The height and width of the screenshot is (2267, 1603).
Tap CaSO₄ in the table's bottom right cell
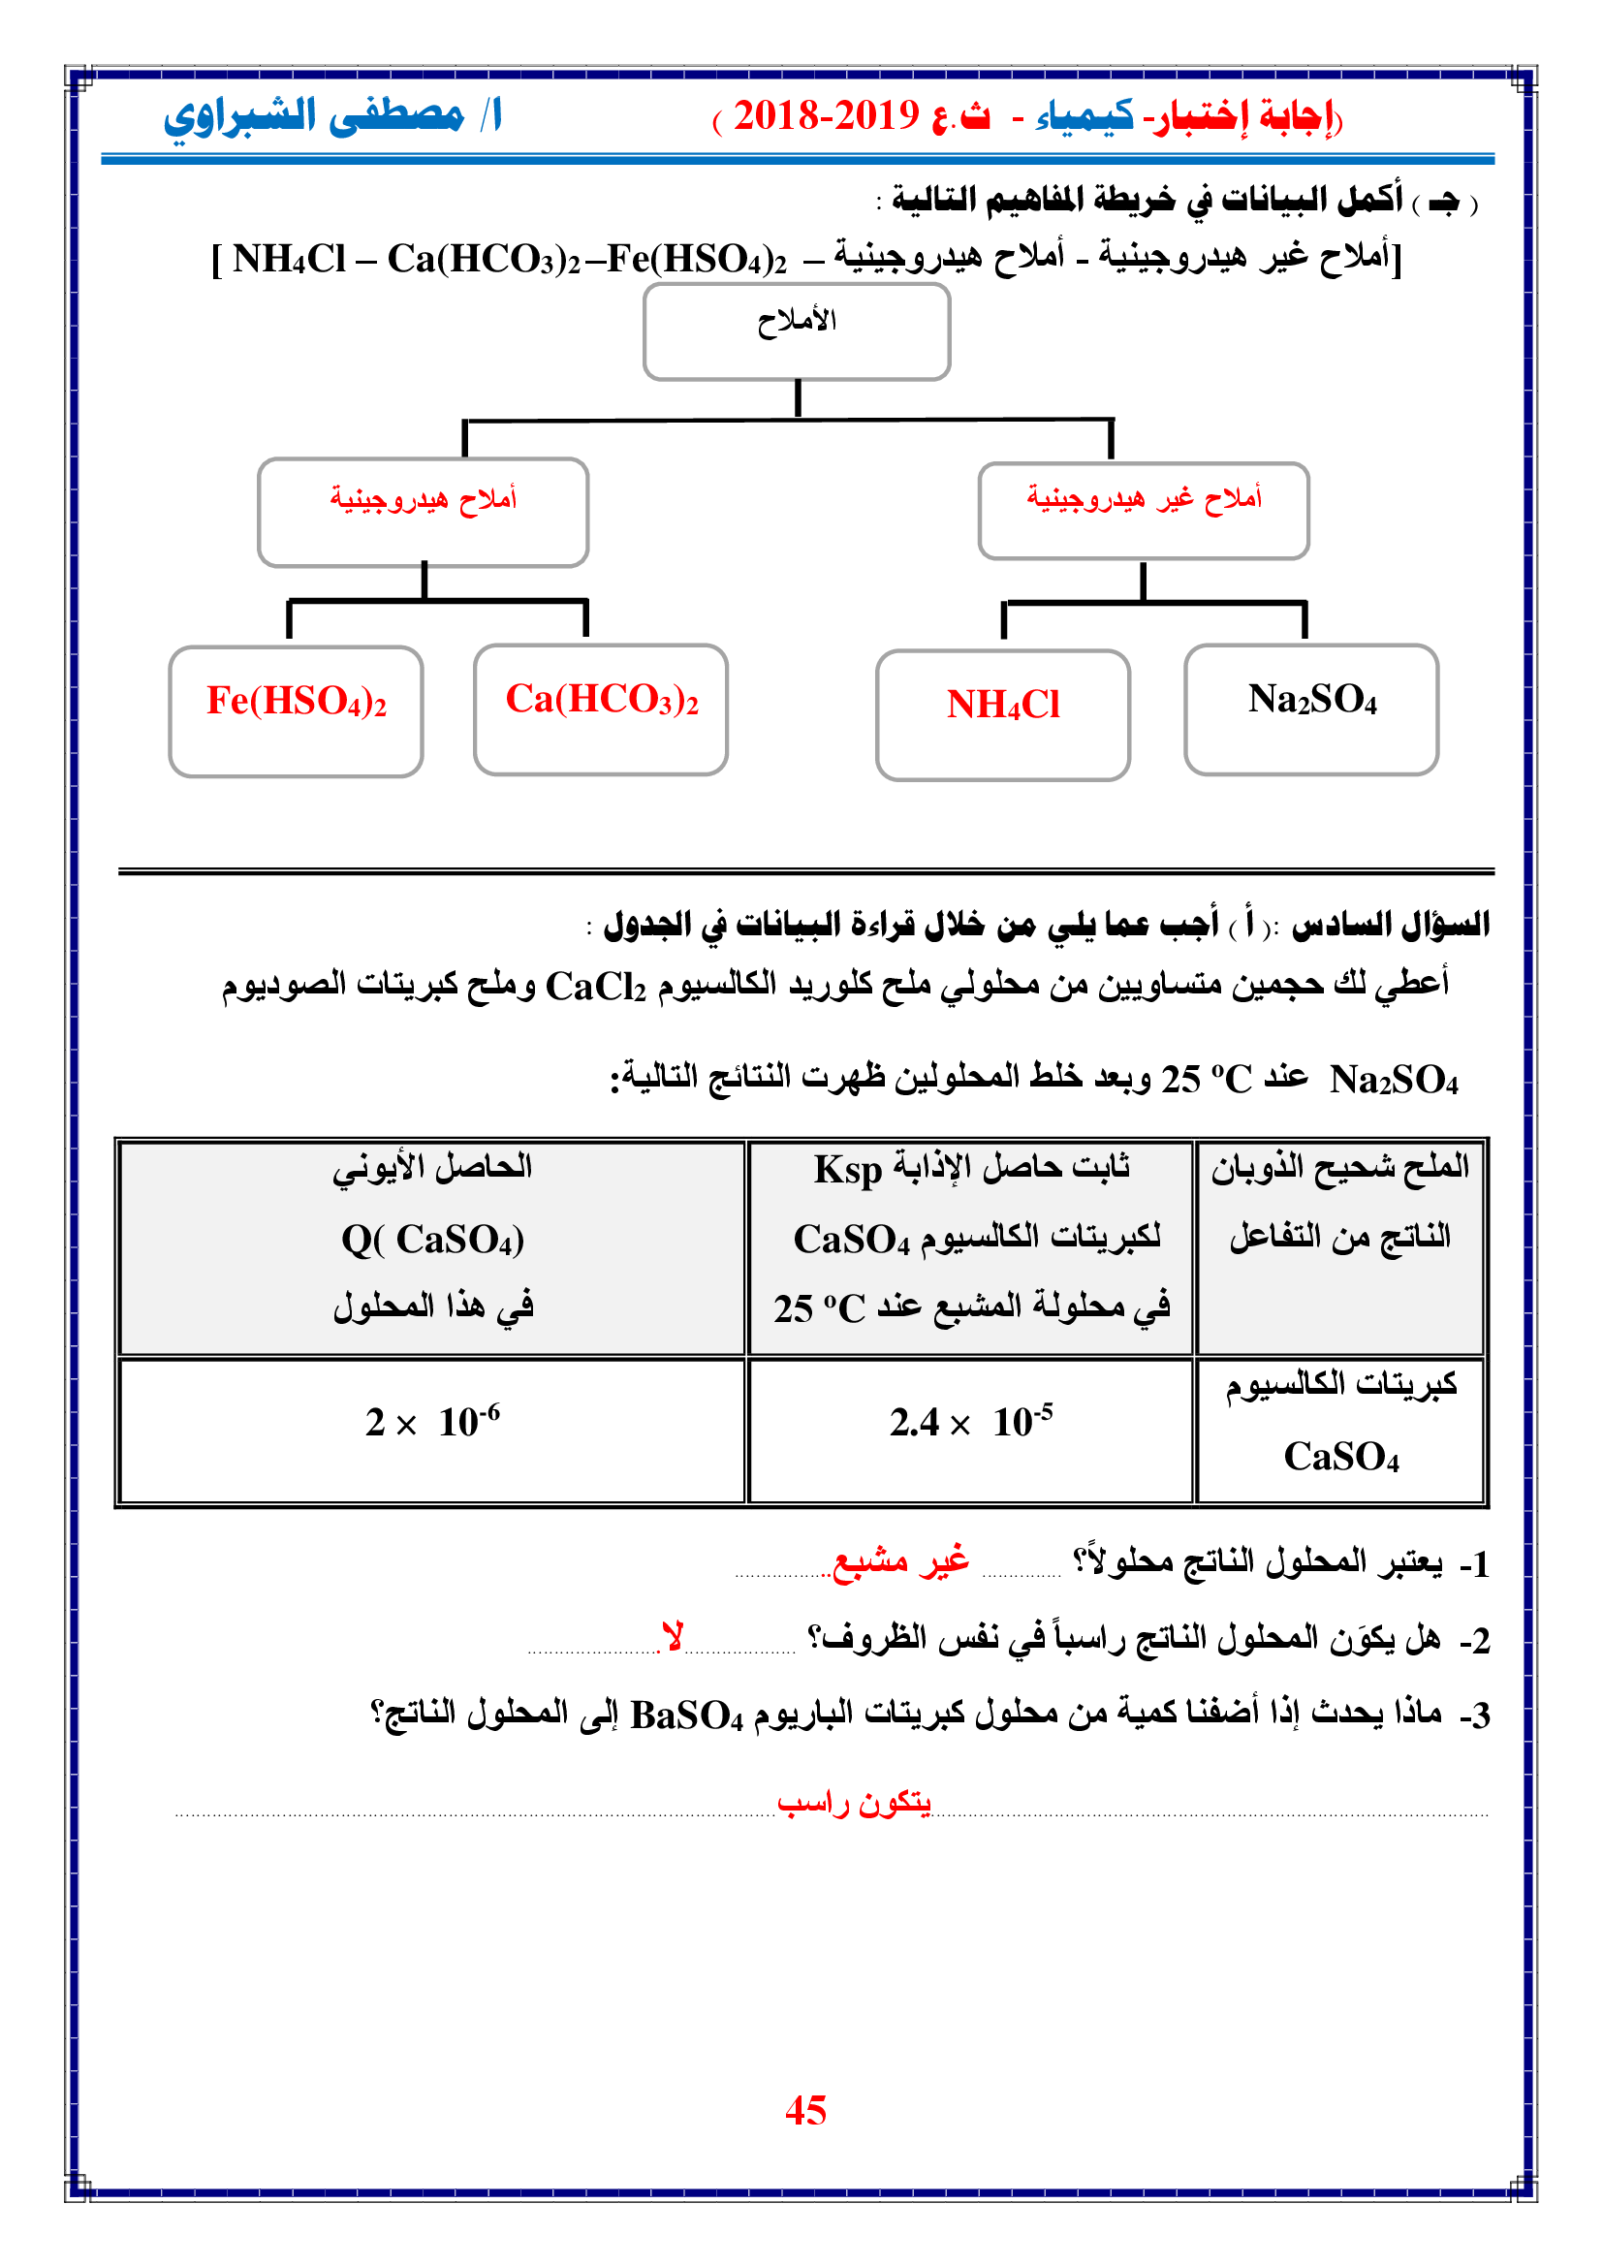click(x=1340, y=1457)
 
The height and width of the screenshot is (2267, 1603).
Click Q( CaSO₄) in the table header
click(x=432, y=1240)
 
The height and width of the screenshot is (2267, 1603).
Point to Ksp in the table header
click(x=847, y=1169)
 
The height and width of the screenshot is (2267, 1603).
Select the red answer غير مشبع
click(x=901, y=1561)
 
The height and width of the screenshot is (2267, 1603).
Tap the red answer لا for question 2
click(x=674, y=1637)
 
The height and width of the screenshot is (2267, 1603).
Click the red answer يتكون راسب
click(x=854, y=1804)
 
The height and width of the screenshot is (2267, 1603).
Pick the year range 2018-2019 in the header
click(x=826, y=116)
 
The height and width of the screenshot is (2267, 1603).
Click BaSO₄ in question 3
click(x=686, y=1716)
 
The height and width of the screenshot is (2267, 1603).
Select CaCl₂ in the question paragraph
click(x=595, y=987)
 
